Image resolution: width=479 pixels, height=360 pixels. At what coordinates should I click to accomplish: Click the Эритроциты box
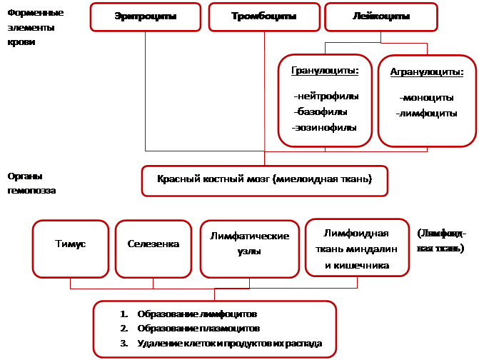pos(147,16)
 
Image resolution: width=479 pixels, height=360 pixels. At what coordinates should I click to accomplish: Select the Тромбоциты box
pos(263,16)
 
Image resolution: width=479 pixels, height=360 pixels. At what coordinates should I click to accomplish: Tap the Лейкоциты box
pos(375,16)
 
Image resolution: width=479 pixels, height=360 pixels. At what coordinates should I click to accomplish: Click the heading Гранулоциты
pos(324,71)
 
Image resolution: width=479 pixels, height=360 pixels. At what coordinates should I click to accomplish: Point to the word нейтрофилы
pos(326,96)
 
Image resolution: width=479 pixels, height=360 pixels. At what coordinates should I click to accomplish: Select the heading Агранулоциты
pos(427,72)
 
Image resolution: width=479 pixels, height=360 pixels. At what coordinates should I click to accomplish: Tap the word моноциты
pos(427,97)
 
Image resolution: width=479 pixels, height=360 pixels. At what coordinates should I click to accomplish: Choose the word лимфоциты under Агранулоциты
pos(426,113)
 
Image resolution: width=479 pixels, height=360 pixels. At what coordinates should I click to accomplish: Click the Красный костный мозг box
pos(265,180)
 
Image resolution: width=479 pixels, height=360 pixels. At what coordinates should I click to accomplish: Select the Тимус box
pos(70,245)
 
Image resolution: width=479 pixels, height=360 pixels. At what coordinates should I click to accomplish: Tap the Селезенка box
pos(153,245)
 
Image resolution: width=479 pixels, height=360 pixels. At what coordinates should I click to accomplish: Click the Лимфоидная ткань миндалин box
pos(356,249)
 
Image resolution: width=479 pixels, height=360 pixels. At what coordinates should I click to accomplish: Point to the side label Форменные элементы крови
pos(34,28)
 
